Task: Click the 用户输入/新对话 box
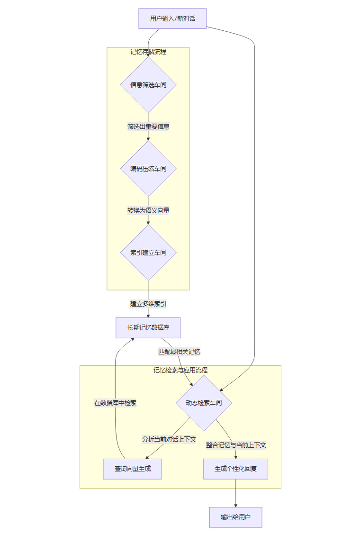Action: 172,18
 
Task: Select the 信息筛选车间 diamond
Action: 148,85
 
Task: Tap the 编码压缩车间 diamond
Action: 148,169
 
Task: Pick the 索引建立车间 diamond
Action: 148,253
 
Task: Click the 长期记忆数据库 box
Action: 148,327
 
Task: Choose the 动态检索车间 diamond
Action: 204,403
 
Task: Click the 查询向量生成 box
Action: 132,469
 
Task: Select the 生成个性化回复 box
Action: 236,469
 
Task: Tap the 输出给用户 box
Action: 236,517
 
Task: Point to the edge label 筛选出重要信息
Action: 148,127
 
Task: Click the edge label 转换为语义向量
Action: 148,210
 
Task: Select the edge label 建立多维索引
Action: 148,304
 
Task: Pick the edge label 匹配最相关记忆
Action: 180,352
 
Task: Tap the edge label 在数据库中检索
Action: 115,403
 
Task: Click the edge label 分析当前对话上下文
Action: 169,439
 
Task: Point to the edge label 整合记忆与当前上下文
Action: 236,445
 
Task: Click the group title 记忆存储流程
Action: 148,52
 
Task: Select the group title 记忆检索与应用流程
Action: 180,370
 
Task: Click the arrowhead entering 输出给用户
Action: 236,505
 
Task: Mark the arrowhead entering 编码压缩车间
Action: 148,139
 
